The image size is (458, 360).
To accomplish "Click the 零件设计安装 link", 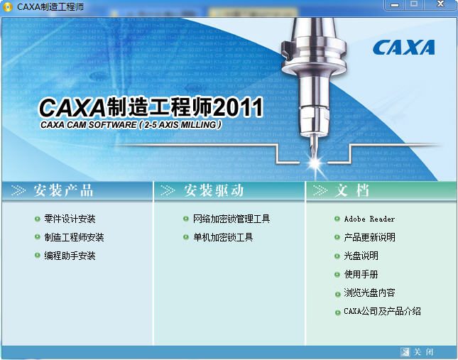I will (x=70, y=219).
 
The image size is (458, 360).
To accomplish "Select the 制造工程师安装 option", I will (x=74, y=237).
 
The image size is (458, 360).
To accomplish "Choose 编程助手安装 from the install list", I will (x=70, y=256).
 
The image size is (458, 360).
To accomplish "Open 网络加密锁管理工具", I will (x=231, y=219).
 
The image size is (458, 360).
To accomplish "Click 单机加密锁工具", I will (x=222, y=237).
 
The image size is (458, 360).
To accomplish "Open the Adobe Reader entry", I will (x=369, y=219).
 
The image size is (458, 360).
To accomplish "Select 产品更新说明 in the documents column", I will (x=369, y=237).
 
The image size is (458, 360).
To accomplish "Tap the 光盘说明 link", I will (x=361, y=256).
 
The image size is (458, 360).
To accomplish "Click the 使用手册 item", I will (x=361, y=274).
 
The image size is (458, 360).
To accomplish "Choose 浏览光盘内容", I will (x=369, y=293).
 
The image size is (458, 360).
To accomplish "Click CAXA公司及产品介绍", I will (x=382, y=311).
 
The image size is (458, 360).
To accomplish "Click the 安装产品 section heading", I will (x=62, y=190).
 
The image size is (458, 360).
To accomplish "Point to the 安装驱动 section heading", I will (x=214, y=190).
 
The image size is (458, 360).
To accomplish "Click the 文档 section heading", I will (x=352, y=190).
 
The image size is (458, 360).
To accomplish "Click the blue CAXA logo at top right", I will (x=403, y=48).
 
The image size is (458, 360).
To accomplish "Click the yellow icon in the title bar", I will (x=8, y=7).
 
